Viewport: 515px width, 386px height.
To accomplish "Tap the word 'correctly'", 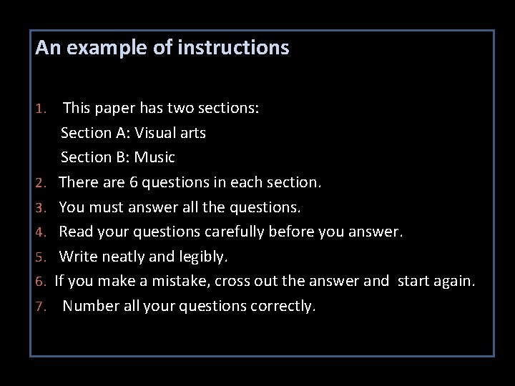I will (278, 307).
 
